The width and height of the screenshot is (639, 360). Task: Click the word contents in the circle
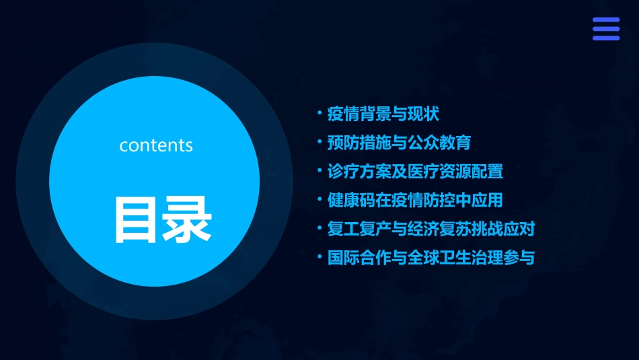156,145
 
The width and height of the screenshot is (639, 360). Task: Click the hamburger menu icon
606,29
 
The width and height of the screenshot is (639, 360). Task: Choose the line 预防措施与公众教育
399,143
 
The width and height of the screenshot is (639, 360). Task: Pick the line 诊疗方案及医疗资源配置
415,172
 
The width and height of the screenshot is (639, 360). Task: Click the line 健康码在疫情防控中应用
415,201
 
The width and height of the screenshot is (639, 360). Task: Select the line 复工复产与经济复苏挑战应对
430,229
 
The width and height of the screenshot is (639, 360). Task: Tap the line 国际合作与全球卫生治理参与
430,258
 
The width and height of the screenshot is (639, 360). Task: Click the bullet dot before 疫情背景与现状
320,112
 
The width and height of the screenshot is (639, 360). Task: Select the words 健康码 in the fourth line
351,201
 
